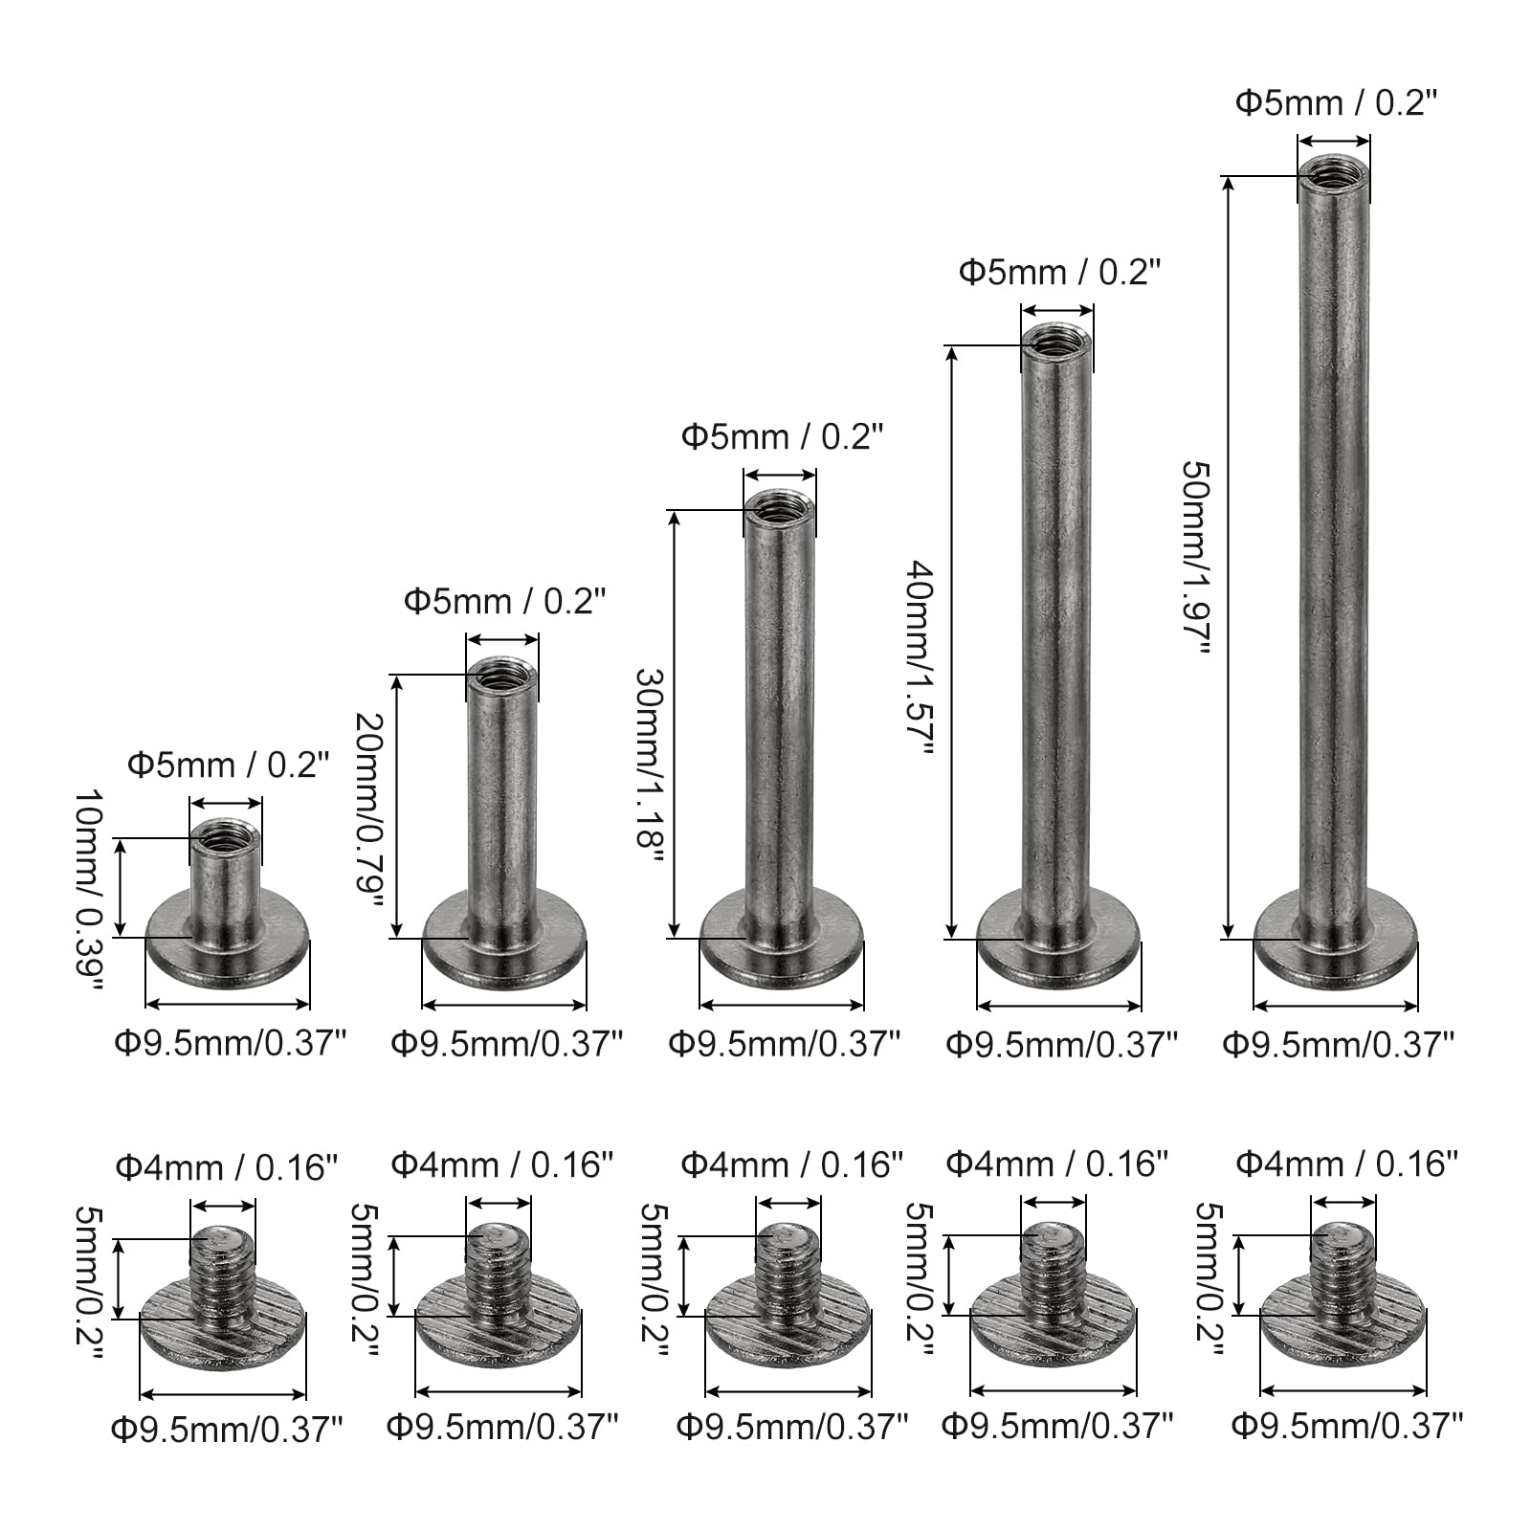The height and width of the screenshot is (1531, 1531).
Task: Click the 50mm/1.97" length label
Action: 1197,558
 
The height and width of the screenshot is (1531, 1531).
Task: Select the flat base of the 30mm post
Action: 782,943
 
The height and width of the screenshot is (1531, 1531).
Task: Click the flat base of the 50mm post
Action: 1335,943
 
